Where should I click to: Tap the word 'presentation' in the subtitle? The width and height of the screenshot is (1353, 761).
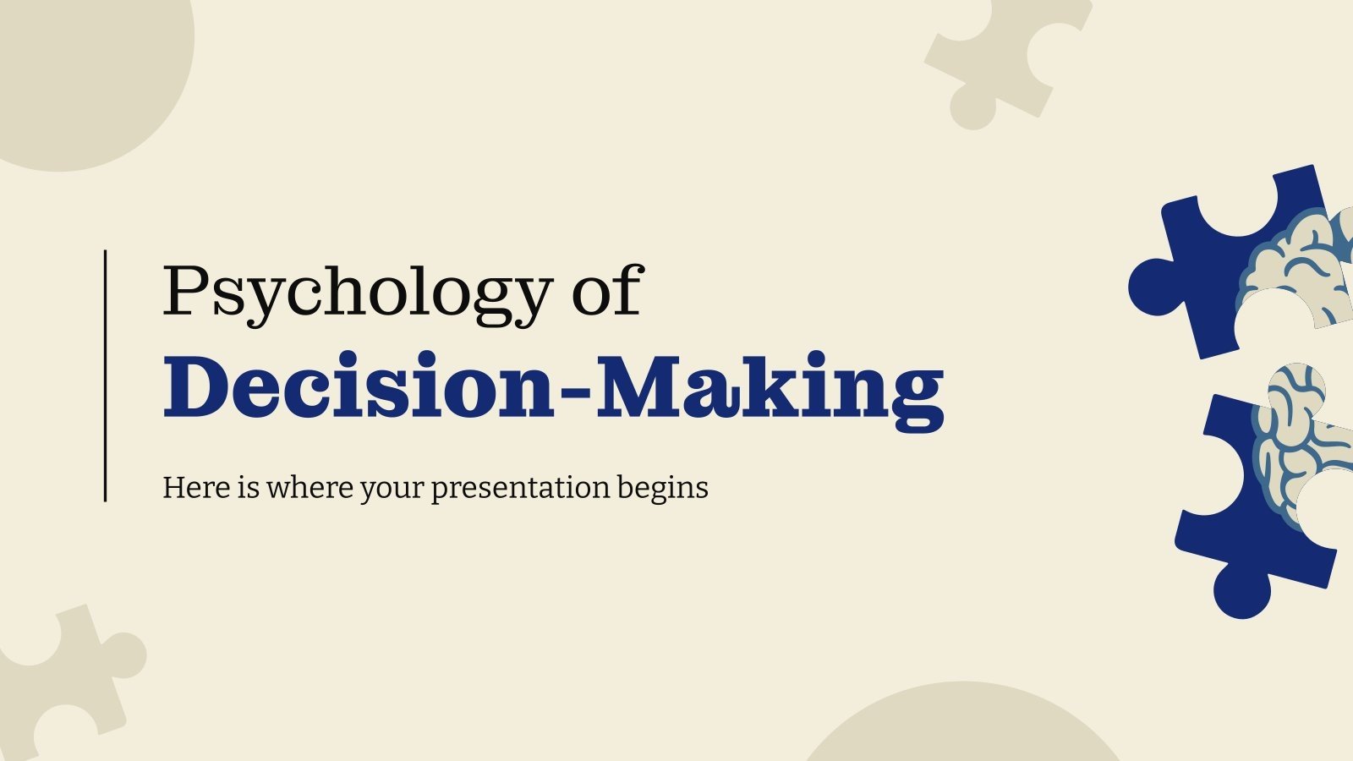coord(520,489)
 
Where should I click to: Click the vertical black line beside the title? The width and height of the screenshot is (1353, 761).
coord(106,375)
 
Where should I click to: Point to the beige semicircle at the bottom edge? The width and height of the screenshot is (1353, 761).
coord(960,727)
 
